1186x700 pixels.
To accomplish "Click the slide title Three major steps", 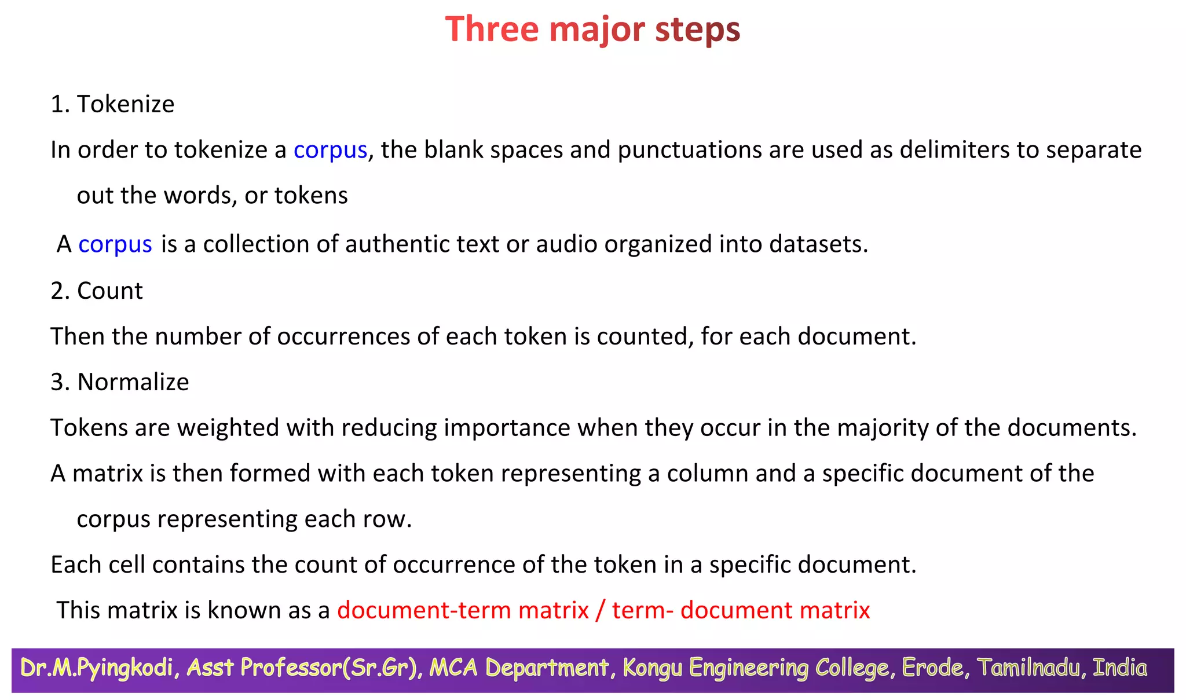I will coord(592,29).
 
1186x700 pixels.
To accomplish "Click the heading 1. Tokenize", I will coord(112,104).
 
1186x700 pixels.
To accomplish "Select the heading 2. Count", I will coord(97,291).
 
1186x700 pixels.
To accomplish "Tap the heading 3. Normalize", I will coord(120,382).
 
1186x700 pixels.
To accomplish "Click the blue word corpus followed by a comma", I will coord(330,150).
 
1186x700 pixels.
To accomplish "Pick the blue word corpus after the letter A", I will coord(115,244).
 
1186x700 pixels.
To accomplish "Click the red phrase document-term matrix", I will coord(463,610).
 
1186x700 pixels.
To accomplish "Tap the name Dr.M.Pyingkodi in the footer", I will coord(97,668).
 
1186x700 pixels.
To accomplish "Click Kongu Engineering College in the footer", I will coord(756,668).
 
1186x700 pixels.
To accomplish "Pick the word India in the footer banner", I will coord(1119,668).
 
